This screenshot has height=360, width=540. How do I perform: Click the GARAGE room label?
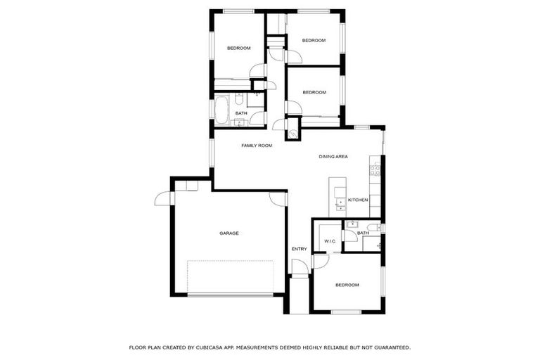coord(229,233)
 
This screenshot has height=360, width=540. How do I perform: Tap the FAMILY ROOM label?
coord(257,146)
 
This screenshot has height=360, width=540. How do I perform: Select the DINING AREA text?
coord(333,157)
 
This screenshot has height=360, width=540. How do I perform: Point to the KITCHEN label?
coord(358,200)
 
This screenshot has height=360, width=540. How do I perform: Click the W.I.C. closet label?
coord(330,241)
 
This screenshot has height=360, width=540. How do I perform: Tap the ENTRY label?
coord(300,249)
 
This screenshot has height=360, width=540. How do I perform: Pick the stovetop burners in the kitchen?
coord(375,169)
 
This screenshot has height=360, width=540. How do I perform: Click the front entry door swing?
coord(300,267)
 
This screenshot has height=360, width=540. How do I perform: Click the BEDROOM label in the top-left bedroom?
coord(239,48)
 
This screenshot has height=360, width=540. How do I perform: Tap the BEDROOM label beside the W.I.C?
coord(347,285)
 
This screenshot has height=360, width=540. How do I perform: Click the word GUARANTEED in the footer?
coord(385,347)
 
